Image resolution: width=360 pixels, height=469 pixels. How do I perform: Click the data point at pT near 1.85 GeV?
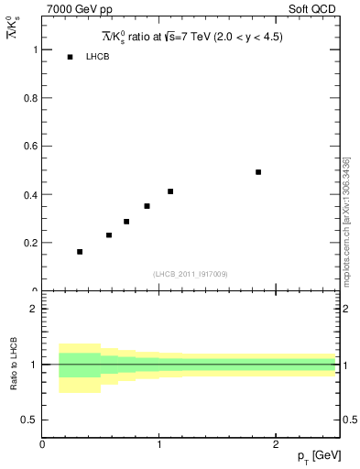(x=258, y=172)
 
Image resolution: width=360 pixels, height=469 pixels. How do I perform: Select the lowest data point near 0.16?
(x=80, y=251)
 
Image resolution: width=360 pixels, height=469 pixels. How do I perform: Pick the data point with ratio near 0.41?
(x=170, y=191)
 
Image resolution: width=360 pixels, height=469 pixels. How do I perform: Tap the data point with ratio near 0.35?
(x=147, y=206)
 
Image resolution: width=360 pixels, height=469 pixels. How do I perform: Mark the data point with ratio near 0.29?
(x=126, y=222)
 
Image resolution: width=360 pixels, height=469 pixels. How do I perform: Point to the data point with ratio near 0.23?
(x=109, y=235)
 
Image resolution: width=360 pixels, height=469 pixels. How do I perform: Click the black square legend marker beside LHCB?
(x=70, y=58)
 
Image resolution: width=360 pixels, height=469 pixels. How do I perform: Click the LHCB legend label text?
(x=98, y=58)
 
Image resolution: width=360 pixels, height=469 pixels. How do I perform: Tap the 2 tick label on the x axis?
(x=275, y=444)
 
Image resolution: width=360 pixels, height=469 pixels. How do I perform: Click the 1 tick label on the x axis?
(x=158, y=444)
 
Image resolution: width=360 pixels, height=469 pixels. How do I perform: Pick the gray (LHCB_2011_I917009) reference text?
(x=191, y=274)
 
